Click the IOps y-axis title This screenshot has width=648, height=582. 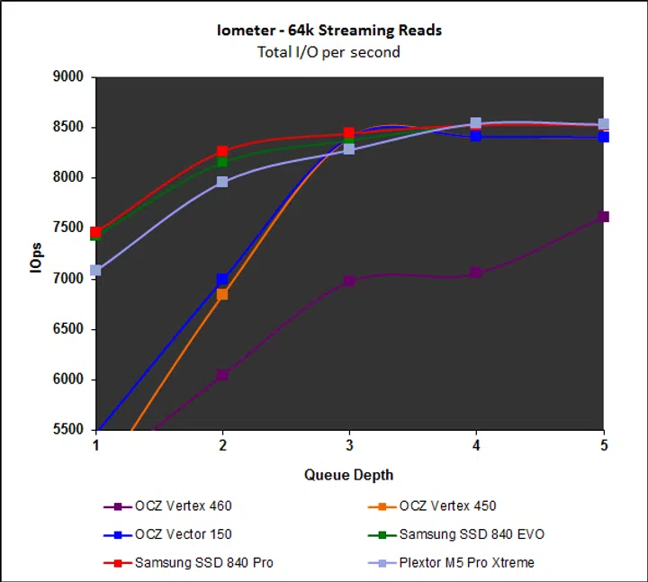coord(32,254)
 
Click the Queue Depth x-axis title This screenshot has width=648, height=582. coord(348,474)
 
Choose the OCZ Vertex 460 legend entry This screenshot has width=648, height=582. coord(176,506)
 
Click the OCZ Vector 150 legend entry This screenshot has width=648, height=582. coord(176,534)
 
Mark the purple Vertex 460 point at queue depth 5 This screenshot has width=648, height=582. coord(603,217)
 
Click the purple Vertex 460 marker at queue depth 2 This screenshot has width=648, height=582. coord(222,374)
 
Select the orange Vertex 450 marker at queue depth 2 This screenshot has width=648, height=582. coord(222,294)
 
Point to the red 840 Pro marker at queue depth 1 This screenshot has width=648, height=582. coord(95,232)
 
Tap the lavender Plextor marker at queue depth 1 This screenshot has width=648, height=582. coord(95,270)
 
